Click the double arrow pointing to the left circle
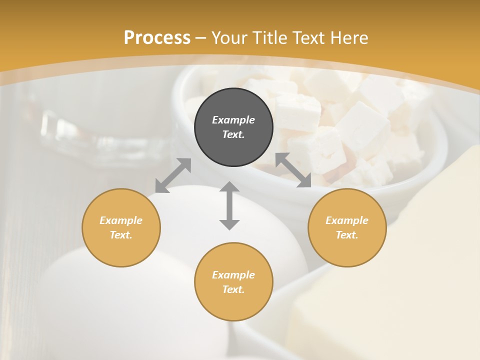(x=173, y=175)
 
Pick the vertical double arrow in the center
(x=229, y=205)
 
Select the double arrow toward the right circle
(x=293, y=170)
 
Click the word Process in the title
(x=157, y=38)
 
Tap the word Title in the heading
(x=269, y=38)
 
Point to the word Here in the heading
(x=348, y=38)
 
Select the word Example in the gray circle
(x=233, y=120)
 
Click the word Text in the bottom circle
(x=233, y=289)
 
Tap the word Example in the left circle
(x=121, y=220)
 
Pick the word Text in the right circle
(x=347, y=235)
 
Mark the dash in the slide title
(x=200, y=38)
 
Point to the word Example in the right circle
(x=347, y=220)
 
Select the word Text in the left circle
(x=121, y=235)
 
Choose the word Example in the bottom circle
(x=233, y=275)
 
